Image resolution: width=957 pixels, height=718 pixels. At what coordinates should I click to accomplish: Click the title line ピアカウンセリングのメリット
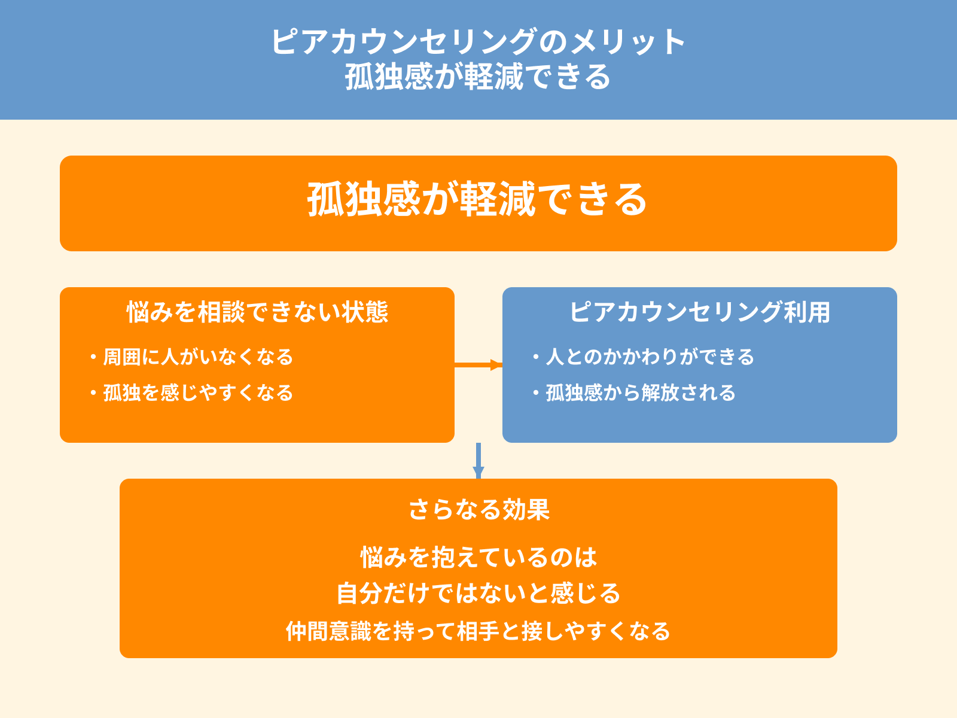[478, 42]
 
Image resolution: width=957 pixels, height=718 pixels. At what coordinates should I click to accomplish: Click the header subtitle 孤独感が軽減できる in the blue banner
[478, 77]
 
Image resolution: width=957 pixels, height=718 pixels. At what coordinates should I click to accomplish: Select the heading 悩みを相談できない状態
[257, 312]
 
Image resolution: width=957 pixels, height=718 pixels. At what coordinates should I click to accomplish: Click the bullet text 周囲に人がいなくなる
[198, 357]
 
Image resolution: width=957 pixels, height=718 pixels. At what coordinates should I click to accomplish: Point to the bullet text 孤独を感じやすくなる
[198, 393]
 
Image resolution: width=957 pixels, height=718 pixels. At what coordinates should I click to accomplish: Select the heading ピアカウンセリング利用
[699, 312]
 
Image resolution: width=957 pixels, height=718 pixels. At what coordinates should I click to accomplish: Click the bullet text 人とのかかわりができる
[650, 357]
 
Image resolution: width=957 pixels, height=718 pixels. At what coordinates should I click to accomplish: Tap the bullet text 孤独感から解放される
[640, 393]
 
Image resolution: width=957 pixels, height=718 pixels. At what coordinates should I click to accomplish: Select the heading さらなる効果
[478, 510]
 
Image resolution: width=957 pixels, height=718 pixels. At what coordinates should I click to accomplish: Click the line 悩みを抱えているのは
[478, 558]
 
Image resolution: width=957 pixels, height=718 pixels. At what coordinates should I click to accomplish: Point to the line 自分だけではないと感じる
[478, 594]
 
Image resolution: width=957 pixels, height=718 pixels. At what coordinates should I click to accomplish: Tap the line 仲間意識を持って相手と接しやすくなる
[478, 631]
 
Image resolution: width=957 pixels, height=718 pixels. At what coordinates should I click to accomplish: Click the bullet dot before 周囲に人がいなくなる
[93, 358]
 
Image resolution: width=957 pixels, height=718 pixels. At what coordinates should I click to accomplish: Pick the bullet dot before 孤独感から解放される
[536, 394]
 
